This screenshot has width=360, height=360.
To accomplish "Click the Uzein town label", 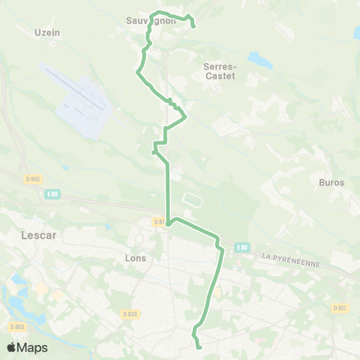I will coord(46,32).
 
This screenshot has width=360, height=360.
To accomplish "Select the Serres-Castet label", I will coord(220,71).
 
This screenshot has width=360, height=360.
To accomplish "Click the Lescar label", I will coord(31,234).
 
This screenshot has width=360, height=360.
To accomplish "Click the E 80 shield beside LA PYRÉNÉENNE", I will coord(241,247).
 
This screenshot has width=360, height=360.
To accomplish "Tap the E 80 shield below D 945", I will coord(52,193).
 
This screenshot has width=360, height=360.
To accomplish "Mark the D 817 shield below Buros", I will coord(340,307).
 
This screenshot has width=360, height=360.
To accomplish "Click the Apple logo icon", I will coord(11,347).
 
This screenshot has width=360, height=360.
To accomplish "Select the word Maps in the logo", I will coord(33,347).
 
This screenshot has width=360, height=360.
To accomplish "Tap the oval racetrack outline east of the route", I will coord(191,201).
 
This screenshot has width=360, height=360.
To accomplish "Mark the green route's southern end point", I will coord(200,347).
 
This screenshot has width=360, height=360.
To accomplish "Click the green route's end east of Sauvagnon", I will coord(193,26).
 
